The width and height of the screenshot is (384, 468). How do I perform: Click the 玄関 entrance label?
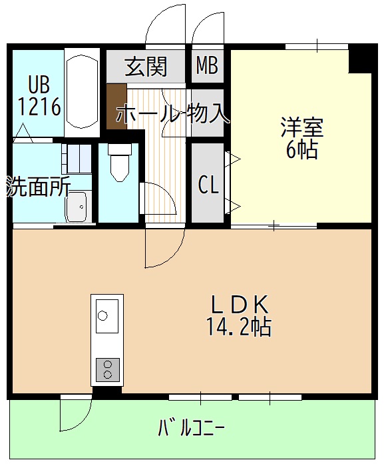[146, 67]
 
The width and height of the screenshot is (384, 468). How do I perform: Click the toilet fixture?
[120, 163]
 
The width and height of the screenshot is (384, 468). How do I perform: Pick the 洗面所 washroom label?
[38, 187]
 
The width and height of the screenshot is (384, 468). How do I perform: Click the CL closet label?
[208, 185]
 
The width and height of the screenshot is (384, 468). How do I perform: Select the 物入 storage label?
[209, 114]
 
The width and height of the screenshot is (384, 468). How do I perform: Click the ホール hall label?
[148, 114]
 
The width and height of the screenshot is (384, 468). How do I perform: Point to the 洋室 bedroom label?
[301, 126]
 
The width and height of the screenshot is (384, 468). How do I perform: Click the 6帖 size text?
[301, 150]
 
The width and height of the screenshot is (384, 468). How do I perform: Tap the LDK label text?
[240, 305]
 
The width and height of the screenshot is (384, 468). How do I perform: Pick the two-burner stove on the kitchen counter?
[106, 369]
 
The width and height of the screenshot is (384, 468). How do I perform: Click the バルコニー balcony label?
[191, 427]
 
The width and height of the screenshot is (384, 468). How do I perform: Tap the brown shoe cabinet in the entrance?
[116, 105]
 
